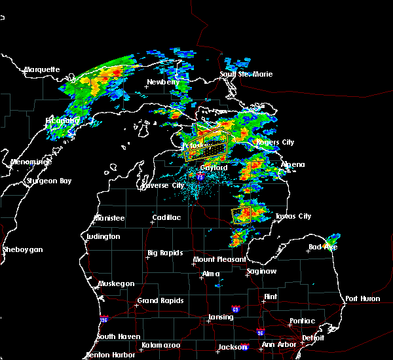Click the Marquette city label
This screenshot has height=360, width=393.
pyautogui.click(x=42, y=69)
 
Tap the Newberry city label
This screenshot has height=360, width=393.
pyautogui.click(x=162, y=82)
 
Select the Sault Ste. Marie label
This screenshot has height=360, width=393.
pyautogui.click(x=246, y=74)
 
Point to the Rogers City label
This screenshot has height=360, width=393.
pyautogui.click(x=275, y=142)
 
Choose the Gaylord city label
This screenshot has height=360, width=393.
pyautogui.click(x=214, y=168)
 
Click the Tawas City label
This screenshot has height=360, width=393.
pyautogui.click(x=292, y=216)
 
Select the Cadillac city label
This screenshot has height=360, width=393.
pyautogui.click(x=166, y=217)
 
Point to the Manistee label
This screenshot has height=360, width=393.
pyautogui.click(x=109, y=217)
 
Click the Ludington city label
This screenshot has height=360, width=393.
pyautogui.click(x=103, y=236)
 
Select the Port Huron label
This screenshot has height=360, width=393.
pyautogui.click(x=362, y=298)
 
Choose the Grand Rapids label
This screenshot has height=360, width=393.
pyautogui.click(x=160, y=301)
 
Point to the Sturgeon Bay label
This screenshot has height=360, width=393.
pyautogui.click(x=48, y=181)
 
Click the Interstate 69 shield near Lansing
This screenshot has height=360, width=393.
pyautogui.click(x=234, y=308)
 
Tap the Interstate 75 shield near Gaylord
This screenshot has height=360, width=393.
pyautogui.click(x=192, y=177)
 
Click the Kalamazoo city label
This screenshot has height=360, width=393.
pyautogui.click(x=161, y=345)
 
